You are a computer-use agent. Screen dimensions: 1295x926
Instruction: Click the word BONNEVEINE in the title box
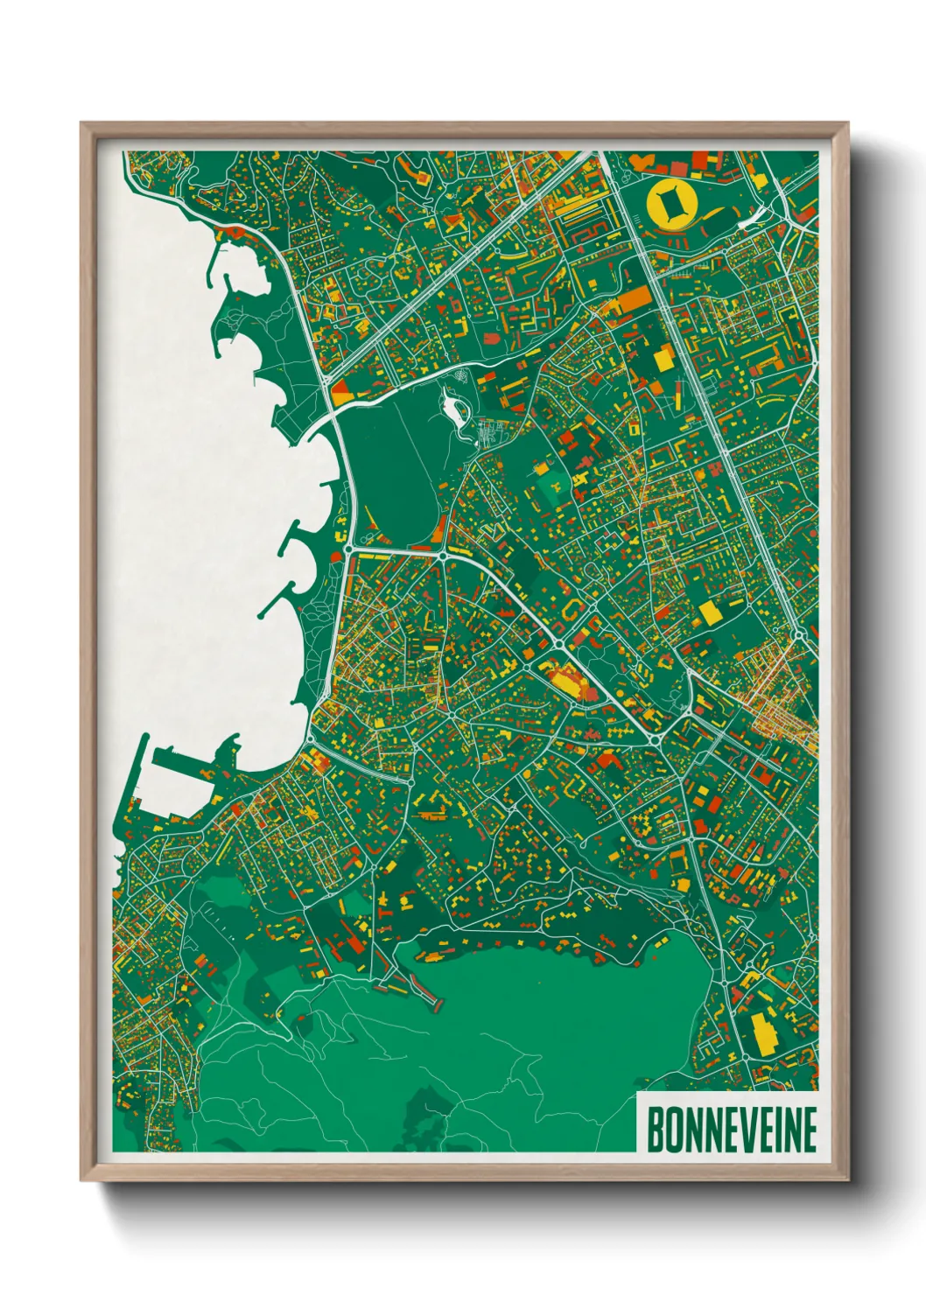[731, 1129]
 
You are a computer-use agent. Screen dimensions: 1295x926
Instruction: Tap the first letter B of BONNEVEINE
[655, 1129]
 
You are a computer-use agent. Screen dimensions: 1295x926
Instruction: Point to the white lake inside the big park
[455, 406]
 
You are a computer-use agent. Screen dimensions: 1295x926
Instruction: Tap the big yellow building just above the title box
[763, 1032]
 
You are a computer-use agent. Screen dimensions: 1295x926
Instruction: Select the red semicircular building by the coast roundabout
[236, 232]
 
